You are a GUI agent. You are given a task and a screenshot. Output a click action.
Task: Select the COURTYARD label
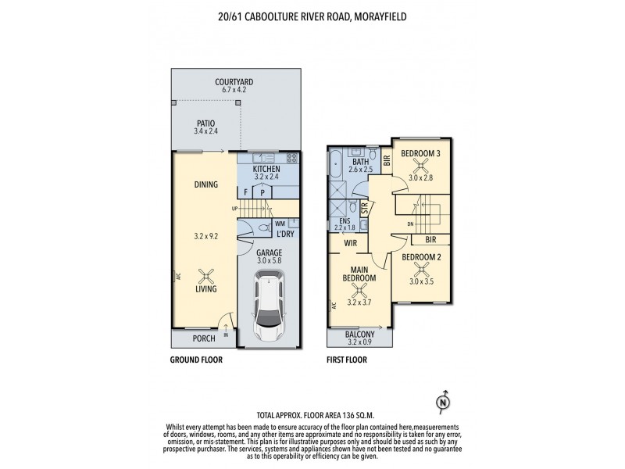tap(234, 81)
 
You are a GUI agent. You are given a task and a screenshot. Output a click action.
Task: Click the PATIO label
tap(205, 122)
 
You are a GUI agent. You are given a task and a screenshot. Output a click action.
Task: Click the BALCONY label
tap(359, 334)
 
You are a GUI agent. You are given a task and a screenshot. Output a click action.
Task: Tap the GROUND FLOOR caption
tap(197, 360)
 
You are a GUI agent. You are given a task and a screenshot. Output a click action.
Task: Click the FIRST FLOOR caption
tap(347, 360)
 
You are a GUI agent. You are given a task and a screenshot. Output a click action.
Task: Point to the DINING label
tap(205, 184)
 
